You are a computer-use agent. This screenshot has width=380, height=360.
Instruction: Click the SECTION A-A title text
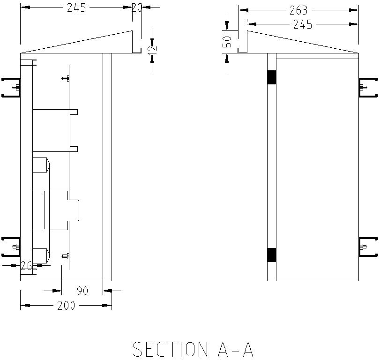(x=193, y=349)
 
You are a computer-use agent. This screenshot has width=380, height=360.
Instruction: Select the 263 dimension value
(x=298, y=10)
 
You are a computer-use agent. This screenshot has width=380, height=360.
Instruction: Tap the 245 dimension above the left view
(x=77, y=8)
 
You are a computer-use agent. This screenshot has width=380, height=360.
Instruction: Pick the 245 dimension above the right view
(x=303, y=24)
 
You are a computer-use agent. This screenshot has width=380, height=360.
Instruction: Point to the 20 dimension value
(x=137, y=7)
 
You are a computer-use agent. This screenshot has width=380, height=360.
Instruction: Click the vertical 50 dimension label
(x=227, y=42)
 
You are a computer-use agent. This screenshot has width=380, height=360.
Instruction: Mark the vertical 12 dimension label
(x=153, y=48)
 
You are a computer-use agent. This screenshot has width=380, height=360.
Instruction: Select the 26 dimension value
(x=27, y=266)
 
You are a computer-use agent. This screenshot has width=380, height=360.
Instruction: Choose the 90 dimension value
(x=82, y=291)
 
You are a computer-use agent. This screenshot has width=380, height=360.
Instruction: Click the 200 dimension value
(x=66, y=306)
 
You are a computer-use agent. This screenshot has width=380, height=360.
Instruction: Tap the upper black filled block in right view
(x=272, y=77)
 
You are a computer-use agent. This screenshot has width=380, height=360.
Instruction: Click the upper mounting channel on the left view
(x=11, y=87)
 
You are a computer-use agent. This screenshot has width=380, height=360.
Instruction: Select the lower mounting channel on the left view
(x=11, y=247)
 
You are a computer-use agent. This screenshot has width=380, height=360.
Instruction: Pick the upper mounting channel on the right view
(x=368, y=87)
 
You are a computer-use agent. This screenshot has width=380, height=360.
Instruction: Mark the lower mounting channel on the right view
(x=368, y=247)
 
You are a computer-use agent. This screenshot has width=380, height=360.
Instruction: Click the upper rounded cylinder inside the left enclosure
(x=41, y=166)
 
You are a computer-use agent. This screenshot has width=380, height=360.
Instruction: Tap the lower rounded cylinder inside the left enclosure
(x=41, y=255)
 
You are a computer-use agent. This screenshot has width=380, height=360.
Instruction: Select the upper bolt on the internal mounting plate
(x=66, y=78)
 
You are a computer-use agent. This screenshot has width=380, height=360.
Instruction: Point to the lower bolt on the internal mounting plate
(x=66, y=256)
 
